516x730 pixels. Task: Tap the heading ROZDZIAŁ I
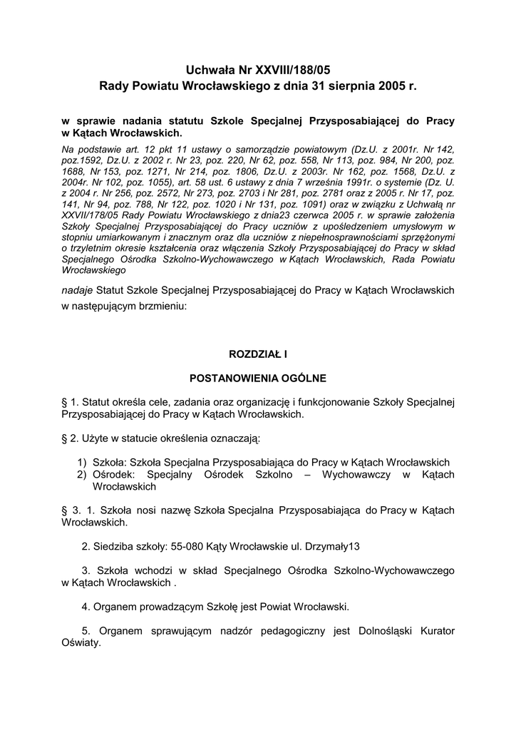coord(257,353)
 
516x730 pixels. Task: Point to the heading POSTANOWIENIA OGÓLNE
coord(257,378)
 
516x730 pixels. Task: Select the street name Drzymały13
coord(333,547)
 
